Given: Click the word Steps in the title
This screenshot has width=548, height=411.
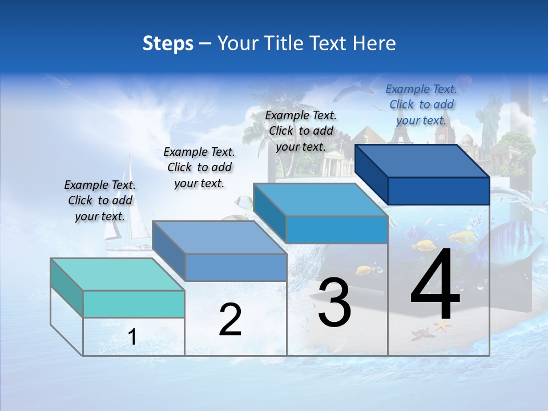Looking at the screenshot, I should pos(168,43).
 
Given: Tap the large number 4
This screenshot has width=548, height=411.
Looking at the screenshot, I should pos(435,285).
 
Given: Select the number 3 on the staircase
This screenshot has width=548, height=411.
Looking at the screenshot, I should pos(335,303).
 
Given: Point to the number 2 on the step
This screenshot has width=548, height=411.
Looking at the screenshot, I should pos(230,320).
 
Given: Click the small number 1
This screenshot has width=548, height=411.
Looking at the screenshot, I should pos(132,337).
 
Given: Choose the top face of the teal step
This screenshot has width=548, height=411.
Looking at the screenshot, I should pos(117,275).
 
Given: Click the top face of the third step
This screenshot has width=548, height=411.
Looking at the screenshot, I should pos(320,200).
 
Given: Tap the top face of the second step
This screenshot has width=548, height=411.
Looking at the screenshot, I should pos(219,237).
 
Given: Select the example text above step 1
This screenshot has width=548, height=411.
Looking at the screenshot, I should pos(100,200).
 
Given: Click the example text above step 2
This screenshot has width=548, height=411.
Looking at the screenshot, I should pos(199,167).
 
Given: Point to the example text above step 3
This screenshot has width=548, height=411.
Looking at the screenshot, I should pos(301,131).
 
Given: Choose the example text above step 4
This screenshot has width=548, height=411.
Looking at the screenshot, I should pos(421,104).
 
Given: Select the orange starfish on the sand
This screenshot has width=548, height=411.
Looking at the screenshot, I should pos(442,326).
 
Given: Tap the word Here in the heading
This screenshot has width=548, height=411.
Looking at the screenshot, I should pos(375,43).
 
